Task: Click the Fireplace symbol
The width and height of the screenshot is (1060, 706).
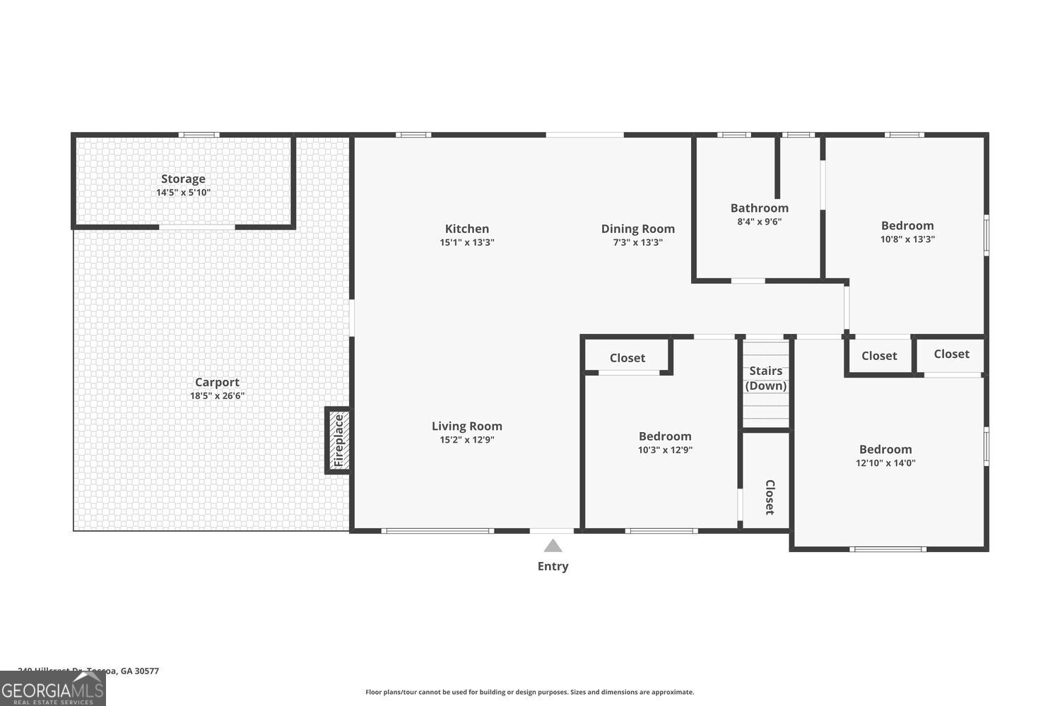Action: (x=338, y=441)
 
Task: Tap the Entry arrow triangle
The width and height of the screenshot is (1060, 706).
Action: (x=553, y=546)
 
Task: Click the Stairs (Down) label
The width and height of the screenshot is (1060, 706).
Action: (x=766, y=378)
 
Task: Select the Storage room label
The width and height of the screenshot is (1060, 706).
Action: (x=183, y=179)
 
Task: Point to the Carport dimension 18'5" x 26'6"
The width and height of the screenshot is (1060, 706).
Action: (x=217, y=396)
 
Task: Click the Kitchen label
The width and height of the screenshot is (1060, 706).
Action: (x=466, y=228)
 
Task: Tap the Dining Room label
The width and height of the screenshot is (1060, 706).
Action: (x=637, y=228)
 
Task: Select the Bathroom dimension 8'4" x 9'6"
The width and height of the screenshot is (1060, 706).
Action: (x=759, y=222)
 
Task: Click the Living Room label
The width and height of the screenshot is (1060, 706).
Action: (x=466, y=426)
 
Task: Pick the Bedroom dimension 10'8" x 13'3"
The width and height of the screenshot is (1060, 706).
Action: (x=907, y=239)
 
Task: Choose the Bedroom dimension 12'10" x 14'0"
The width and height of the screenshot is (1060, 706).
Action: (x=885, y=463)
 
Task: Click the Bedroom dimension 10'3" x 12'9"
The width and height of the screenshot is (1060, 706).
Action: (x=665, y=450)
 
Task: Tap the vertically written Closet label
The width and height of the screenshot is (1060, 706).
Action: (x=770, y=497)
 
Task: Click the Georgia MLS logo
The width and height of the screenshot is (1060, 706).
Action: (x=52, y=688)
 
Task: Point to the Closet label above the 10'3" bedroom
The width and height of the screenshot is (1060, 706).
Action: (x=627, y=358)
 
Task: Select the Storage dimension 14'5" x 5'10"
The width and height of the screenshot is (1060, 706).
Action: (x=183, y=193)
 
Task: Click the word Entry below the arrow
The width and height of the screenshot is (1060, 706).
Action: (x=553, y=566)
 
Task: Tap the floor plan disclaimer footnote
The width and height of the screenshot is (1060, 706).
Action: (x=529, y=692)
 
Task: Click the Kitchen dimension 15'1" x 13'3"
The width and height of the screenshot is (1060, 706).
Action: (x=466, y=242)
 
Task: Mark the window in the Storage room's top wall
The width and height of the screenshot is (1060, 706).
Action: (x=199, y=135)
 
